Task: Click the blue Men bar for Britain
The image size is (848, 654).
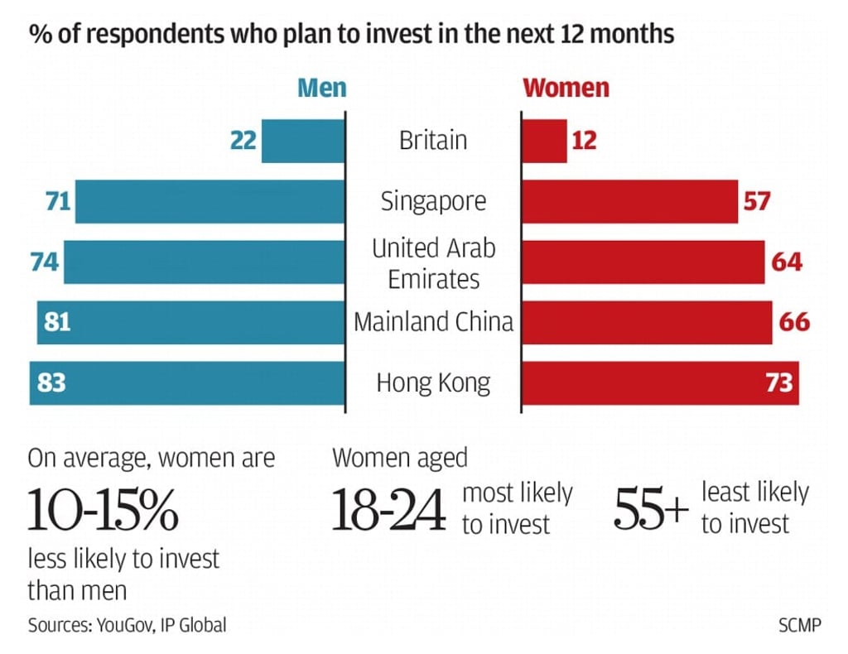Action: pyautogui.click(x=302, y=141)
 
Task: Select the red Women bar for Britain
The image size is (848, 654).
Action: pyautogui.click(x=544, y=141)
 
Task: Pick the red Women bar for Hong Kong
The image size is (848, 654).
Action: pyautogui.click(x=646, y=383)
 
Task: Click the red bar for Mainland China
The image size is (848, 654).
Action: pyautogui.click(x=646, y=322)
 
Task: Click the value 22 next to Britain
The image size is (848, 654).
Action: pyautogui.click(x=243, y=141)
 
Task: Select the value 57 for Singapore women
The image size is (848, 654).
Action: pyautogui.click(x=756, y=201)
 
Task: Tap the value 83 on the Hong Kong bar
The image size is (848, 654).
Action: pyautogui.click(x=51, y=383)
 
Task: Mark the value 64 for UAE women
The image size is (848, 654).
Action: pyautogui.click(x=786, y=262)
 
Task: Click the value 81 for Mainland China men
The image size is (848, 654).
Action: pyautogui.click(x=57, y=322)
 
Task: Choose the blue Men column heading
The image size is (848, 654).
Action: pyautogui.click(x=321, y=88)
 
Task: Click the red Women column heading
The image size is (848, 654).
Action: pyautogui.click(x=566, y=88)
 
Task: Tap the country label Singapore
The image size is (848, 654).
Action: pyautogui.click(x=433, y=201)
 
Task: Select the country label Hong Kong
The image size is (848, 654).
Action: pyautogui.click(x=433, y=383)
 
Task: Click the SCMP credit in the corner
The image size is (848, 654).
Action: pyautogui.click(x=799, y=625)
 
